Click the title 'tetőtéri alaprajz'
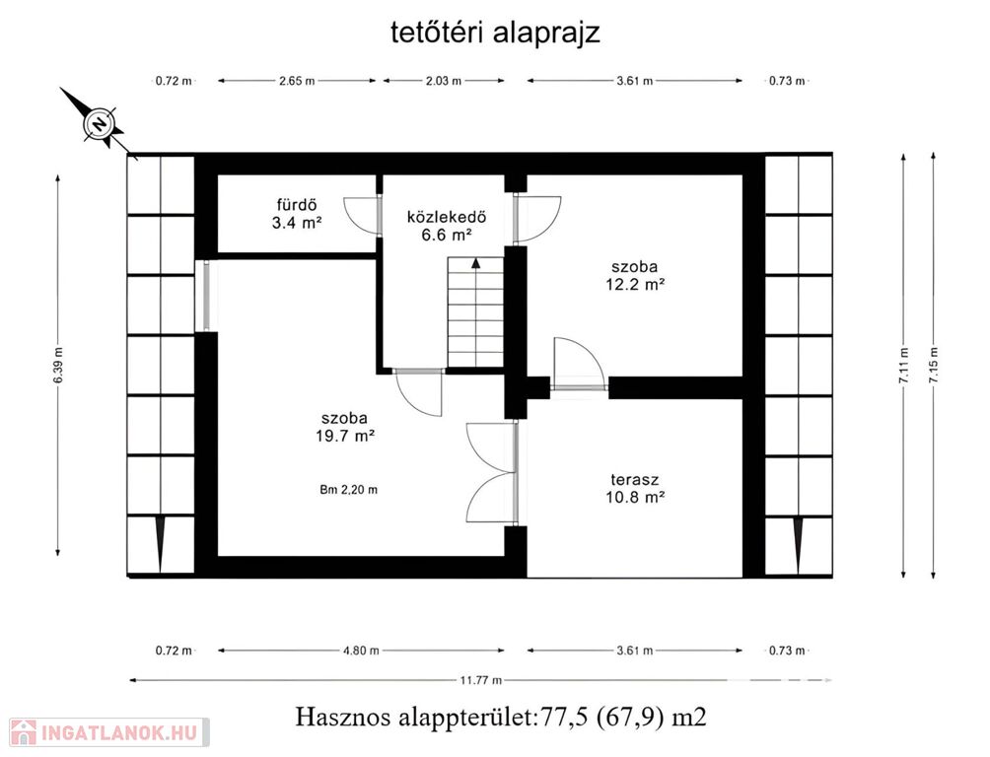pos(495,33)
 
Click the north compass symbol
pos(100,123)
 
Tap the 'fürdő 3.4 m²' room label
pos(298,214)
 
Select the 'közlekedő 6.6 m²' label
pos(447,226)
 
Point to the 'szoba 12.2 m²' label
pos(635,275)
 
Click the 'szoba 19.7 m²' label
pos(345,426)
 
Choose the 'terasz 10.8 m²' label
pos(635,487)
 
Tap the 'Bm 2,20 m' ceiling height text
pos(348,489)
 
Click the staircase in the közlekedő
pos(475,311)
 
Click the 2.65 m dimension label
pos(297,81)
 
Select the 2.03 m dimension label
pos(443,81)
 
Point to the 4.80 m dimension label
pos(361,651)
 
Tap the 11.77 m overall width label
pos(481,680)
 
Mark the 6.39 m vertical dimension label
pos(58,366)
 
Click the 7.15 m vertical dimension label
pos(934,366)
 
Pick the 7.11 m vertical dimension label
pos(904,366)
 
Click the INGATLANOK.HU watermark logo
pos(109,732)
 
